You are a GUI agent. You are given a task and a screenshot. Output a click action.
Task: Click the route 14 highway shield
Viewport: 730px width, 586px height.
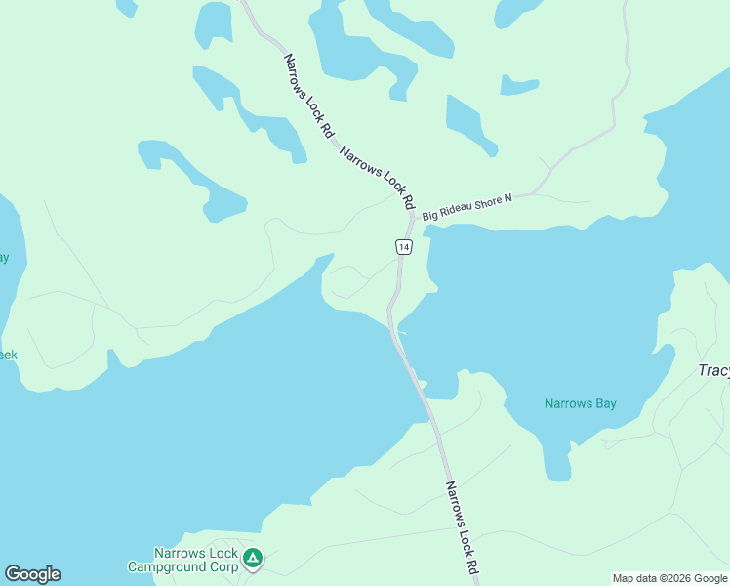click(x=404, y=247)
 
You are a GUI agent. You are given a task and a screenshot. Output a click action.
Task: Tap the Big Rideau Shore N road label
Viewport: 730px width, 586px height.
click(x=467, y=205)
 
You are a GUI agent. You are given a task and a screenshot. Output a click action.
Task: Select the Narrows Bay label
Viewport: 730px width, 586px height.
click(x=580, y=403)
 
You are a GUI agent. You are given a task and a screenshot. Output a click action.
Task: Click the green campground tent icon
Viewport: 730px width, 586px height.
click(x=253, y=559)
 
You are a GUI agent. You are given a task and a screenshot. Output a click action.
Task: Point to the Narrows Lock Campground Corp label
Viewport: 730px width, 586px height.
click(x=182, y=560)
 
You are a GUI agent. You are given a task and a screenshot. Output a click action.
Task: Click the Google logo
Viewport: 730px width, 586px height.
click(x=32, y=574)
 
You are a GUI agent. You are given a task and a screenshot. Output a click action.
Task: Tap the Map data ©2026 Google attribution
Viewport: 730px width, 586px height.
click(x=669, y=578)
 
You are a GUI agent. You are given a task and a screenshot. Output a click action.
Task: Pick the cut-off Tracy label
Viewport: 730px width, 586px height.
click(x=714, y=371)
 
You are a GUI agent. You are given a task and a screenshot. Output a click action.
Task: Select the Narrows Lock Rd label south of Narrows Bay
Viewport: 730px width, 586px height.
click(x=462, y=526)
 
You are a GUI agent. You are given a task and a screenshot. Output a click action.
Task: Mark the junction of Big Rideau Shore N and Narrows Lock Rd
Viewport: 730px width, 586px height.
click(x=414, y=215)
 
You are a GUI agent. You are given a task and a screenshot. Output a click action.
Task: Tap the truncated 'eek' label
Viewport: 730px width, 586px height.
click(x=8, y=355)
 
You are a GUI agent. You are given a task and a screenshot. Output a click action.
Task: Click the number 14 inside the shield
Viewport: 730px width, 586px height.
click(x=404, y=248)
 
